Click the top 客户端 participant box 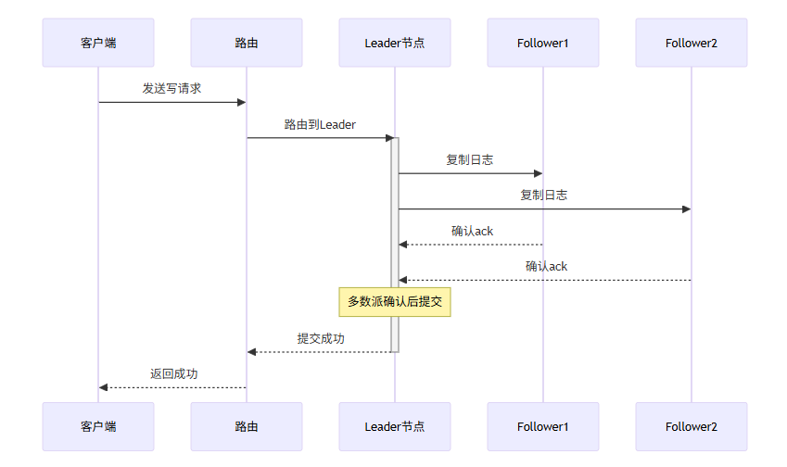(98, 43)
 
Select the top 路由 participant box (247, 43)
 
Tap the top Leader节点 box (395, 43)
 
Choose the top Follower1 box (543, 43)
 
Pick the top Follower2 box (692, 43)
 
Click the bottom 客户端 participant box (98, 426)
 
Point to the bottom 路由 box (247, 426)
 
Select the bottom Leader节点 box (395, 426)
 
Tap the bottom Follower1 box (543, 426)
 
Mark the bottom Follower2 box (692, 426)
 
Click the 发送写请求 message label (171, 89)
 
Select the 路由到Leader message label (320, 124)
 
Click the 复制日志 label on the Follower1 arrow (469, 159)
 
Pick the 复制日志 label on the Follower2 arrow (543, 195)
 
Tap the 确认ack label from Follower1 (472, 231)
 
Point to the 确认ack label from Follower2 (546, 266)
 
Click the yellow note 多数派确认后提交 (395, 301)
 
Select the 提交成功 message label (321, 338)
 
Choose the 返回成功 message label (173, 373)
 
